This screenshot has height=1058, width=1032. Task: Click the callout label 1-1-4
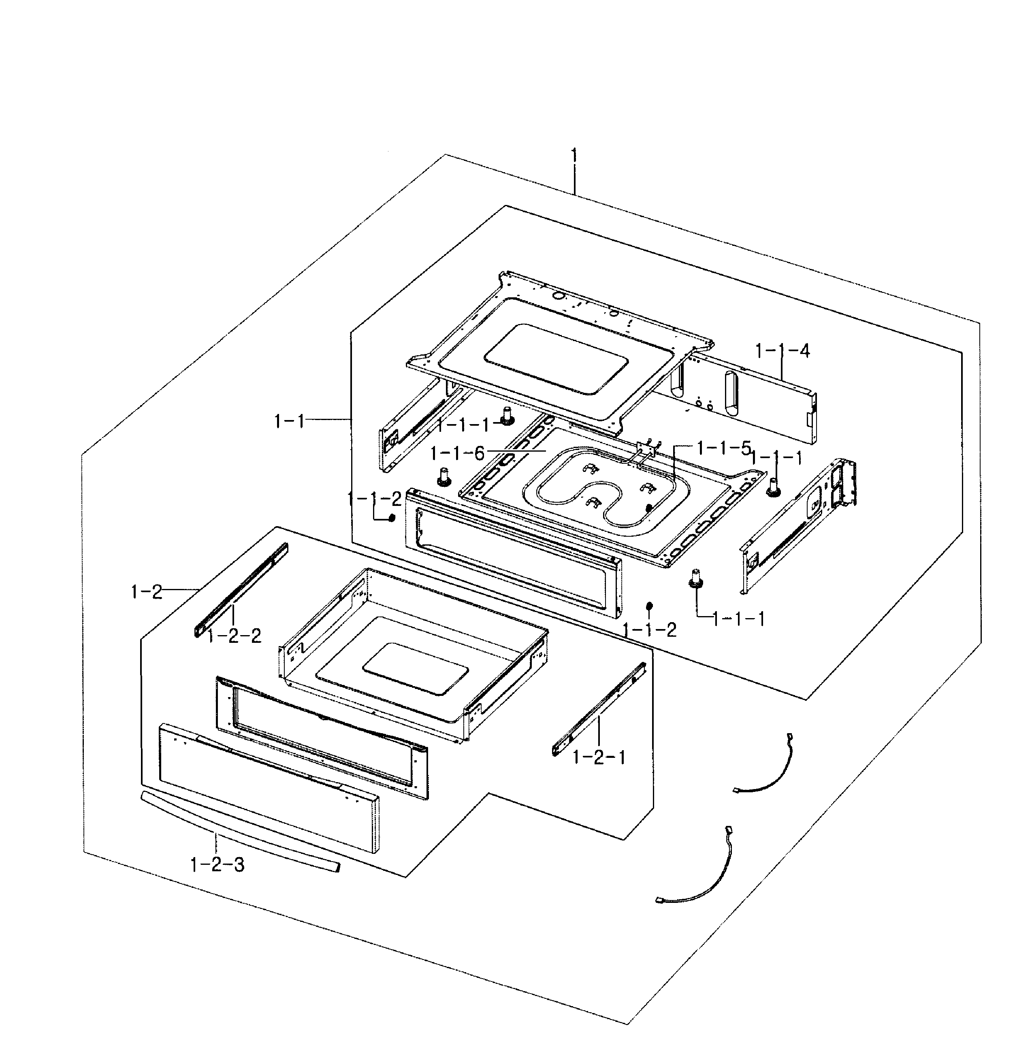coord(782,351)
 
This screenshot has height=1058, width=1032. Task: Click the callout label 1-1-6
coord(457,453)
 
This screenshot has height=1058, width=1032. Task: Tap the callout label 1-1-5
coord(724,448)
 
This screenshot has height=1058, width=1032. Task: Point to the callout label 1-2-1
coord(599,757)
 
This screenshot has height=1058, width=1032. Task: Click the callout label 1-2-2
coord(234,636)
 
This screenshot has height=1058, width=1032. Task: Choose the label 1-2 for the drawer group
coord(146,592)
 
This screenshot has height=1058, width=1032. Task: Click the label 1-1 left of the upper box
coord(290,421)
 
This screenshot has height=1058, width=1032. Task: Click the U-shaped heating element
coord(591,491)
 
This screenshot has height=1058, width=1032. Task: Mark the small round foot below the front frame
coord(649,605)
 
